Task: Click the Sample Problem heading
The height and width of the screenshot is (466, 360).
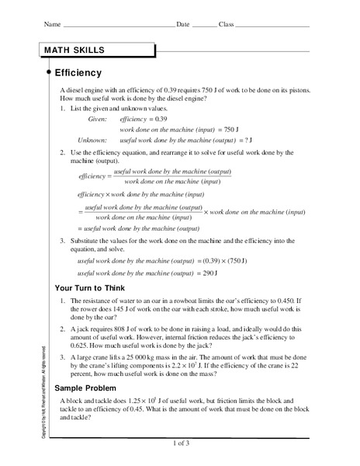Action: [85, 387]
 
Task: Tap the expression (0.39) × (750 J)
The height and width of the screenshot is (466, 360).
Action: [233, 262]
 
